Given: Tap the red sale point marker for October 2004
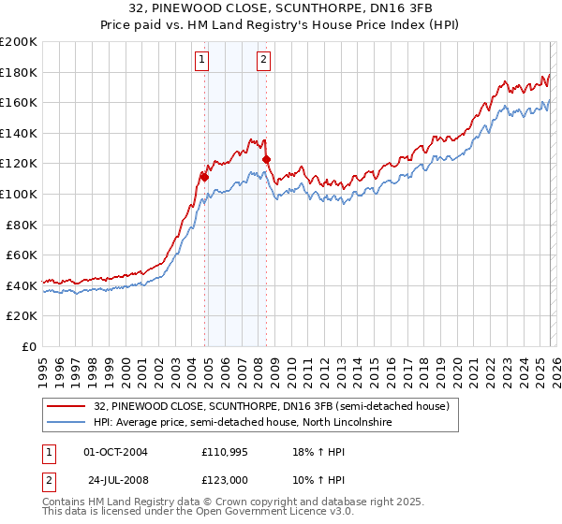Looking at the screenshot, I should [x=204, y=176].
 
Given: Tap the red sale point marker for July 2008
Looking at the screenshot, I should [x=267, y=159].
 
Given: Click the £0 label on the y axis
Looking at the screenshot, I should [x=28, y=346].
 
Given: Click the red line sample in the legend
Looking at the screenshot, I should [x=66, y=407].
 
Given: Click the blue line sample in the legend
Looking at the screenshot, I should [x=66, y=423].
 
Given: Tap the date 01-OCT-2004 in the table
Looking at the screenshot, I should [x=115, y=452].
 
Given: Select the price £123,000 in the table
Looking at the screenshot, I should [x=226, y=478].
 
